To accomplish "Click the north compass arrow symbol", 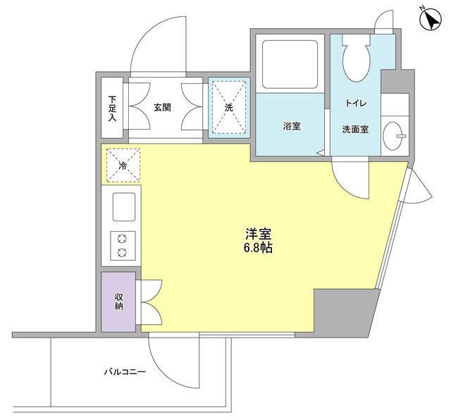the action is coord(431,19).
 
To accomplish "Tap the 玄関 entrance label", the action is coord(163,108).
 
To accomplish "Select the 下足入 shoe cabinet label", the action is coord(112,108).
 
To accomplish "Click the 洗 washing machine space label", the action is coord(228,108).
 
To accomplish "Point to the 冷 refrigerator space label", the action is coord(123,166).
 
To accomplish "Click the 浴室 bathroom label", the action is coord(292,125).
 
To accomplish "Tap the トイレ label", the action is coord(356,103).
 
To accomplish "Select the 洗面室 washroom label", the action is coord(355,130).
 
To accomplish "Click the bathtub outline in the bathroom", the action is coord(290,64).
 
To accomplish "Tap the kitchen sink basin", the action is coord(124,207).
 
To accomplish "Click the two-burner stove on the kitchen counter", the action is coord(123,245).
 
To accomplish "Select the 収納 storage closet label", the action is coord(119,301).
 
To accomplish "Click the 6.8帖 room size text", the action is coord(258,248).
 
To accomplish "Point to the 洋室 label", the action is coord(259,234).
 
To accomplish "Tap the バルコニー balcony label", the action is coord(125,372).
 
